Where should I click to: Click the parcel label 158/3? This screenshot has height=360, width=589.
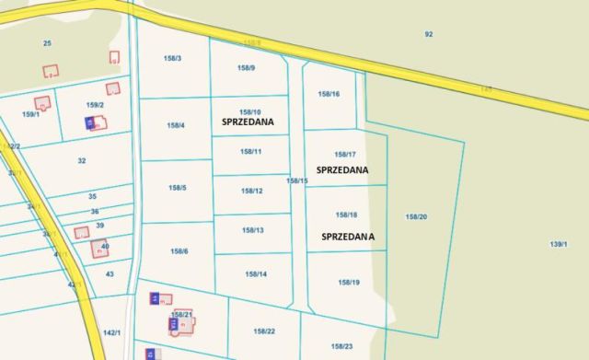pos(172,59)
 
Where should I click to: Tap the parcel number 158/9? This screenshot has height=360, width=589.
pos(246,68)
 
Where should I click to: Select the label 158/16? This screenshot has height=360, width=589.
pos(329,94)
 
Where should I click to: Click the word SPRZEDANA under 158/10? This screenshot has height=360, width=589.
pos(249,122)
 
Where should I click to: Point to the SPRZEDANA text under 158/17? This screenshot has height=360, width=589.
pos(342,170)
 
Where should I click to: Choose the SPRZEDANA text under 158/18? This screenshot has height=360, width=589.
pos(348,237)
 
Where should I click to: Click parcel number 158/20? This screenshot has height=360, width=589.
pos(416,216)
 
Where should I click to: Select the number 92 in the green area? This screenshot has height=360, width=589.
pos(428,34)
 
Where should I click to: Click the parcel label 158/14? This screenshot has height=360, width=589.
pos(256,274)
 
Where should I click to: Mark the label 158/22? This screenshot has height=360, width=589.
pos(264,331)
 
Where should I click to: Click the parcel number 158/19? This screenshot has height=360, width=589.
pos(349,282)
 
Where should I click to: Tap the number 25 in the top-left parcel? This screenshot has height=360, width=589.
pos(47,43)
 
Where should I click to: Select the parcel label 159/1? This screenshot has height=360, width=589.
pos(31,114)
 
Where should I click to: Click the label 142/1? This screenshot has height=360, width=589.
pos(112,332)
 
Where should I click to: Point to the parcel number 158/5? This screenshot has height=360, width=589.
pos(178,188)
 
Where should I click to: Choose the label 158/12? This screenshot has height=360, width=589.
pos(252,191)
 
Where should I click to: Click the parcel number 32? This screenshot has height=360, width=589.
pos(81,160)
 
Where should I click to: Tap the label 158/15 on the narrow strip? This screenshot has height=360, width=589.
pos(296,180)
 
